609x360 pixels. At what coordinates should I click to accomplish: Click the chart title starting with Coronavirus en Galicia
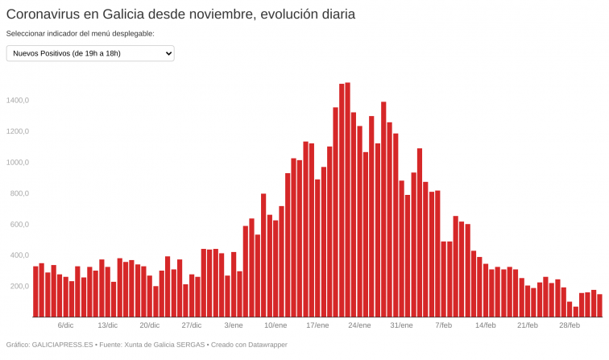coord(180,14)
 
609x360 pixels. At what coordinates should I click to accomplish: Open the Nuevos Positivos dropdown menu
coord(90,53)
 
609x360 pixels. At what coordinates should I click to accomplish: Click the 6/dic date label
coord(66,325)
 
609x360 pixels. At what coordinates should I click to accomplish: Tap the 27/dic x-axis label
coord(192,325)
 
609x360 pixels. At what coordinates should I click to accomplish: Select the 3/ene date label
coord(234,325)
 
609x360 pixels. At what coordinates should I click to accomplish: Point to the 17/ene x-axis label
coord(317,325)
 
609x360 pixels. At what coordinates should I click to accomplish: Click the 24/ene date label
coord(359,325)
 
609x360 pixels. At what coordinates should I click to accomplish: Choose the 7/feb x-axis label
coord(443,325)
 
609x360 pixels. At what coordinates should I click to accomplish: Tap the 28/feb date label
coord(569,325)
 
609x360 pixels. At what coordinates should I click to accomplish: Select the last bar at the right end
coord(599,306)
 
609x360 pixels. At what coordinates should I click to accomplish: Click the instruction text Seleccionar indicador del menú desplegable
coord(80,34)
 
